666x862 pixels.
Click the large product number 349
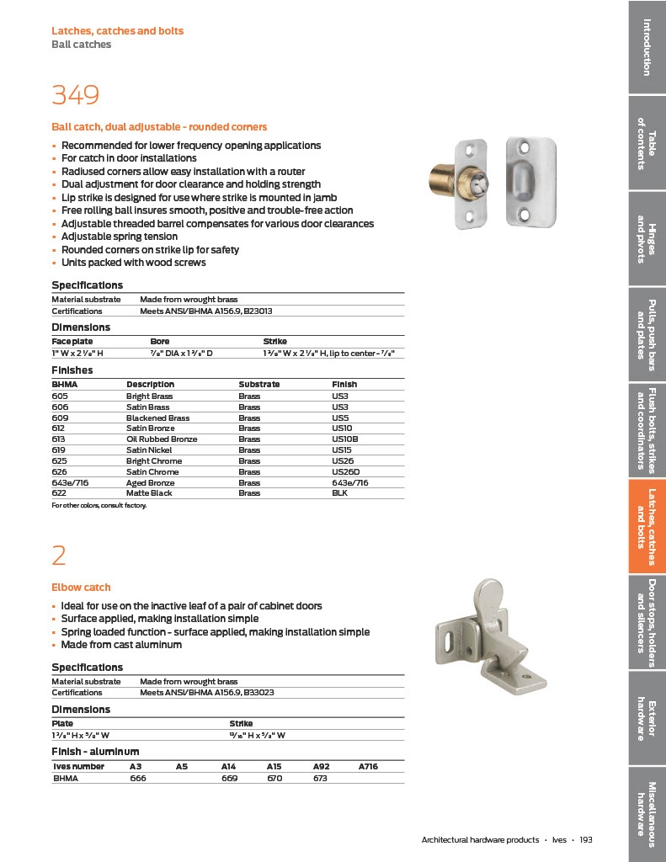coord(76,95)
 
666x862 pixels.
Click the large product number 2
coord(59,556)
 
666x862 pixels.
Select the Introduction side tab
coord(647,46)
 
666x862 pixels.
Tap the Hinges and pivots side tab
coord(647,239)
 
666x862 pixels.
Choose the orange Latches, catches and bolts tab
coord(647,526)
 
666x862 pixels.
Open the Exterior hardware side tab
coord(647,720)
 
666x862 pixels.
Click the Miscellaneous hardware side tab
coord(647,809)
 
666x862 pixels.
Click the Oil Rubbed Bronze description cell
coord(162,439)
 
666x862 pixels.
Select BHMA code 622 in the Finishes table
coord(60,493)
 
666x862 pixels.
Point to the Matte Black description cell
coord(149,493)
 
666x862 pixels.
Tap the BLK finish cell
coord(339,493)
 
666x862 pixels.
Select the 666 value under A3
coord(138,779)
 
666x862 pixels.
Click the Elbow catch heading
coord(81,588)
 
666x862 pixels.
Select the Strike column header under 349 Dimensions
coord(275,341)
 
